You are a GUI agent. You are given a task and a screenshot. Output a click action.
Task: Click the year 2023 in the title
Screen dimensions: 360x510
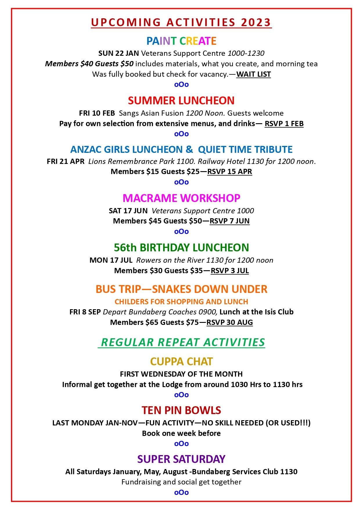coord(256,22)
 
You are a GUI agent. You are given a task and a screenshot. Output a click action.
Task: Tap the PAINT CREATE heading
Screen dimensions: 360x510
coord(181,41)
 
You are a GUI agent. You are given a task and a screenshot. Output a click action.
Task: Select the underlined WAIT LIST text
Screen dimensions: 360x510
coord(253,74)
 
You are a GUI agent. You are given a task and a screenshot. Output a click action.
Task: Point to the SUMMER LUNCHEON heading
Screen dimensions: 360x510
coord(181,101)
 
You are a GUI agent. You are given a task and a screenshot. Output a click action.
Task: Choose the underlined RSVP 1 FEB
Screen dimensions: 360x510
coord(284,124)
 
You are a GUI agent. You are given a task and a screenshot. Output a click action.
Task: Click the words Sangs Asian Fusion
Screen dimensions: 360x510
coord(152,113)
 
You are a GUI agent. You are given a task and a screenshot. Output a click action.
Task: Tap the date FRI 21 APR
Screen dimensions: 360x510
coord(66,162)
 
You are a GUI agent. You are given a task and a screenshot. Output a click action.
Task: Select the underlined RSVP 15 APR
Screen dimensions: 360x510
coord(229,172)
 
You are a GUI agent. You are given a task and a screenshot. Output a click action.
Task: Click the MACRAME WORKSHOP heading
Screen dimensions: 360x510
coord(181,198)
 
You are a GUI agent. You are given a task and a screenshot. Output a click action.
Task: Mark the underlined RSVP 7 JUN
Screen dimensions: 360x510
coord(229,221)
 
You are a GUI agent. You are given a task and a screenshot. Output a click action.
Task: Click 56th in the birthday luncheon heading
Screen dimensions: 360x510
coord(125,248)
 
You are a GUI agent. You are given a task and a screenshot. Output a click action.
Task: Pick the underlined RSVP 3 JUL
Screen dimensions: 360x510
coord(230,271)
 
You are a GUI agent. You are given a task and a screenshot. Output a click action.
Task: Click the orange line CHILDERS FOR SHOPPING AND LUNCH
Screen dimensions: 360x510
coord(181,302)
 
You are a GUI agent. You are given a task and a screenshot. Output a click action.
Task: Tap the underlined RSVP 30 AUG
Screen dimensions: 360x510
coord(229,323)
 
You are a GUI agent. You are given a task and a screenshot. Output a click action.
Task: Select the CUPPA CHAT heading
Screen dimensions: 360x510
coord(181,362)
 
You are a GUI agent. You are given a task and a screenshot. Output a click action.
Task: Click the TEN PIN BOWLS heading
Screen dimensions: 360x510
coord(181,410)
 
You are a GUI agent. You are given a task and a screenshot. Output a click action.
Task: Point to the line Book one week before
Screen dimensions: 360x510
coord(181,433)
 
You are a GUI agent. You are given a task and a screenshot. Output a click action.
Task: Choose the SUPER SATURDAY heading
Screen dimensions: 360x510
coord(181,459)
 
